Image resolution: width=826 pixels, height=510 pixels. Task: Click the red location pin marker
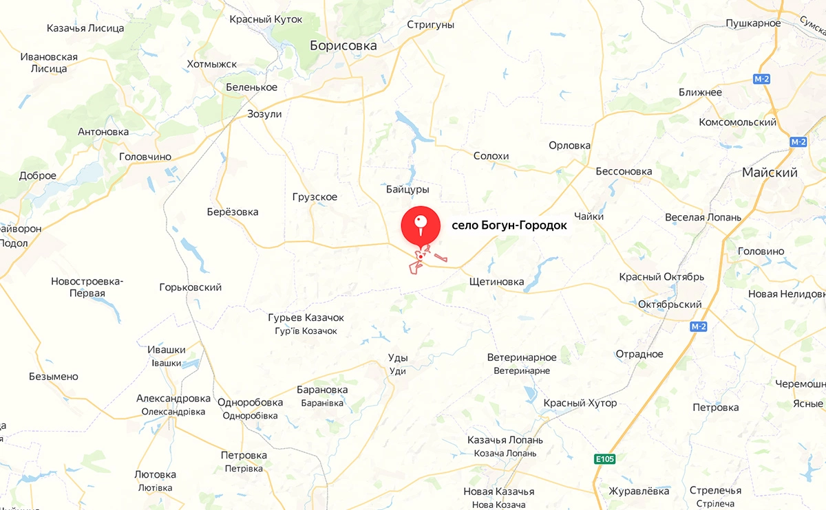coord(421,226)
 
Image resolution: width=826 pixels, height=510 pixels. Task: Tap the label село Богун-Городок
coord(509,225)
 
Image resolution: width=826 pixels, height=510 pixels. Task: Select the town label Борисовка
coord(343,46)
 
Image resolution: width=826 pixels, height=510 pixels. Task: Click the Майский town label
coord(770,173)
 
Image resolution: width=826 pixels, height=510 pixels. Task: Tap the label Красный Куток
coord(266,19)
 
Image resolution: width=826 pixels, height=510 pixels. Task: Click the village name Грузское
coord(315,197)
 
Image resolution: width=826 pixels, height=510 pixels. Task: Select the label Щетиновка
coord(496,282)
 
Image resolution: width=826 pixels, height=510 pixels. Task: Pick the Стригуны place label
coord(430,25)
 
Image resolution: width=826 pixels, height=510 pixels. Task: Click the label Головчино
coord(145,157)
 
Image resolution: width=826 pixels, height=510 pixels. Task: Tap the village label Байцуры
coord(407,189)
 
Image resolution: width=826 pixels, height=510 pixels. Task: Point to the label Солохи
coord(491,156)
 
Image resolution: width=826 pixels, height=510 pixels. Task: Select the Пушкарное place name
coord(753,23)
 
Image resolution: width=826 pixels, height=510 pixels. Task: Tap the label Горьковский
coord(190,287)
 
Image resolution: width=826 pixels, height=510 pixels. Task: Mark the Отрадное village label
coord(639,354)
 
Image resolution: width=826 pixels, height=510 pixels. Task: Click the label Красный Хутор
coord(580,403)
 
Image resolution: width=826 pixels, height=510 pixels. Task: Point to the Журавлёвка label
coord(639,491)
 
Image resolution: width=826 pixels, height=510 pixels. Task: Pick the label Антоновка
coord(103,131)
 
